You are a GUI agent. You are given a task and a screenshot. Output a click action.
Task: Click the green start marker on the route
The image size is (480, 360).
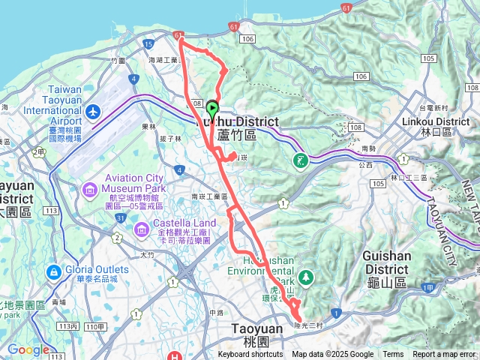pos(211,109)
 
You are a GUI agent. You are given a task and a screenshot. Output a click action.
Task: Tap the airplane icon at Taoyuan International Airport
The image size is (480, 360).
pos(93,112)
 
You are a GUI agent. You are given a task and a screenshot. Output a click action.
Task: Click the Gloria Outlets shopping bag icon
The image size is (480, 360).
pos(54,271)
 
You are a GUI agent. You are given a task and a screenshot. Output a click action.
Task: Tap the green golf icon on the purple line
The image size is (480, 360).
pos(301,160)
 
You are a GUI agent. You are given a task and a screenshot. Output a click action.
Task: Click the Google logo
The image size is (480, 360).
pos(28,349)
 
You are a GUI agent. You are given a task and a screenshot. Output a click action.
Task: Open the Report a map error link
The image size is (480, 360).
pos(445,355)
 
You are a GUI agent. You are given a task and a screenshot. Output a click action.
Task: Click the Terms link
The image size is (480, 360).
pos(393,355)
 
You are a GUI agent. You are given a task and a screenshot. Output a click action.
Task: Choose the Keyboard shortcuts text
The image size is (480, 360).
pos(250,355)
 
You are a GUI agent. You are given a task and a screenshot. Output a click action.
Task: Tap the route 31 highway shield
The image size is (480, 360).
pos(121,217)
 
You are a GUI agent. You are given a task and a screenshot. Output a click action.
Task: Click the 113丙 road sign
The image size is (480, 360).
pos(70,326)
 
